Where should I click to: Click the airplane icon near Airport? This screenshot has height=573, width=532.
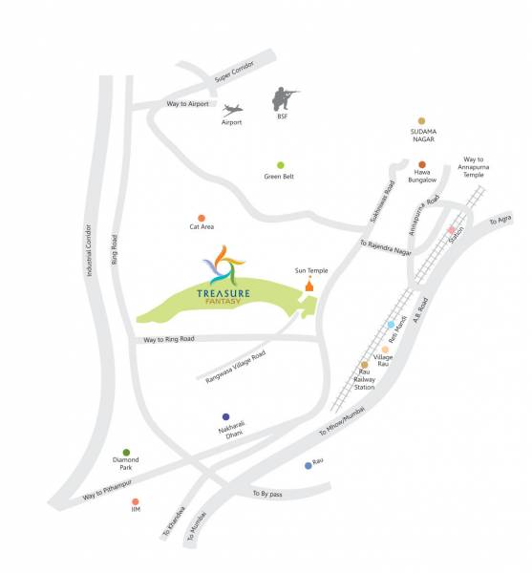231,109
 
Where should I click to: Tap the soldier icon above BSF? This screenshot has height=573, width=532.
282,98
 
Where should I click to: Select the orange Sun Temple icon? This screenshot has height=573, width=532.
309,285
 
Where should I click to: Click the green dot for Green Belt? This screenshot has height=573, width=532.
280,165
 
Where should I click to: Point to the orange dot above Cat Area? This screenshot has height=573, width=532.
201,218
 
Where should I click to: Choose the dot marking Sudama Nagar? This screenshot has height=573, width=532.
421,120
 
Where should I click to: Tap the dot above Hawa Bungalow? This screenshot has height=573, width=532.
421,164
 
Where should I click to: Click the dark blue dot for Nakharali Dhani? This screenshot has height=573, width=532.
225,417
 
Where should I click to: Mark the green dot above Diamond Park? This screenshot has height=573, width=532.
126,453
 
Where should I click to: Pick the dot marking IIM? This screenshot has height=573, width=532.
136,501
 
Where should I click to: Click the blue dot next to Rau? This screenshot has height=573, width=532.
308,465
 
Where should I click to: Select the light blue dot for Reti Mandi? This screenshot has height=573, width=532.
392,326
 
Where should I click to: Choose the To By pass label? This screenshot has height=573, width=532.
269,493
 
